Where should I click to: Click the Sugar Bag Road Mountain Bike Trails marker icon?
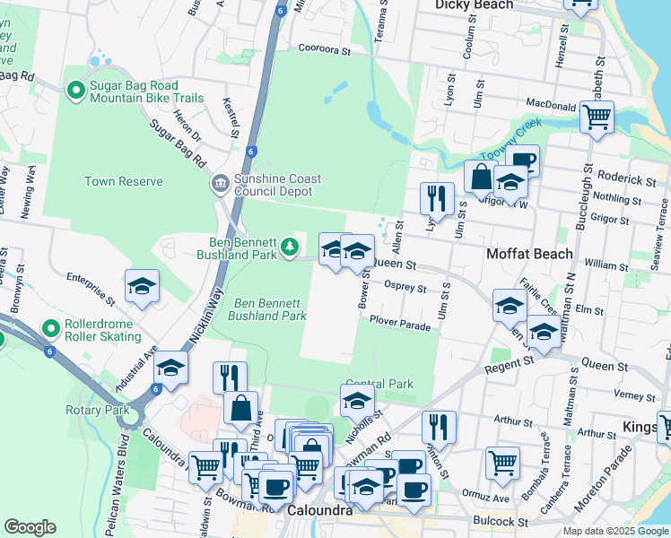click(x=77, y=91)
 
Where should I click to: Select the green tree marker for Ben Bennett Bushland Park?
click(x=289, y=246)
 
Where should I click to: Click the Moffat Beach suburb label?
click(x=529, y=254)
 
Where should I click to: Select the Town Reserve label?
click(x=124, y=181)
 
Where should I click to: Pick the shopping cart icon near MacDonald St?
click(x=597, y=117)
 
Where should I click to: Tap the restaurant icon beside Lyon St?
click(x=437, y=198)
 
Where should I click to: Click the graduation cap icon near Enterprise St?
click(x=142, y=286)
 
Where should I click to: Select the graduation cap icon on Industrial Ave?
click(x=170, y=367)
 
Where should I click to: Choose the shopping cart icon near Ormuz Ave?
click(x=502, y=463)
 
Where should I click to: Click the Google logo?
click(x=30, y=526)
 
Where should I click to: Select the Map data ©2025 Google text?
click(x=614, y=531)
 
